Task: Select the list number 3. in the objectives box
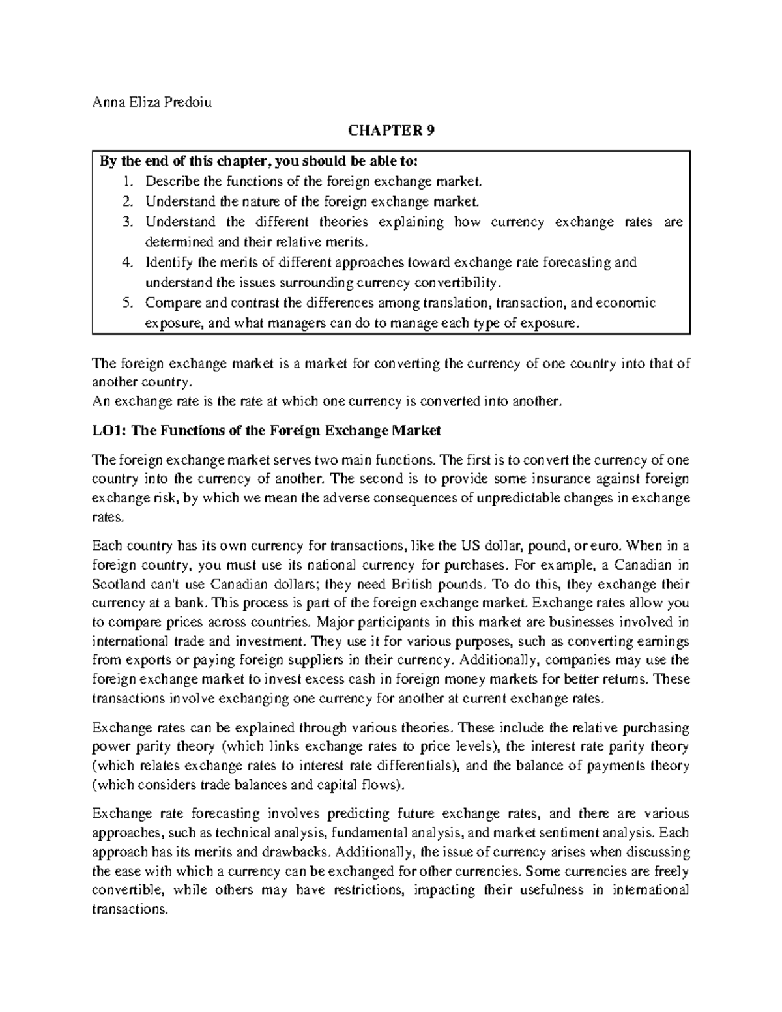(x=127, y=222)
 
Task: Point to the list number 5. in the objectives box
(x=127, y=303)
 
